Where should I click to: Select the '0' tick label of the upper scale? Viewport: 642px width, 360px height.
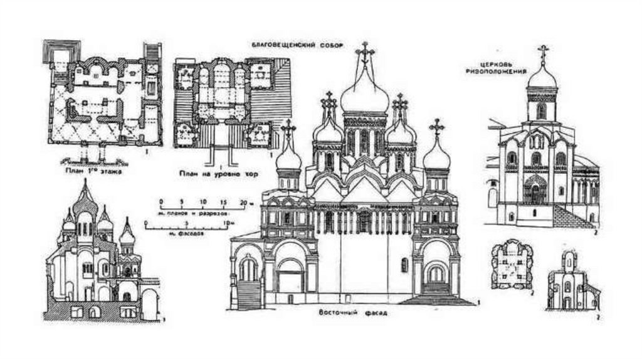tap(161, 202)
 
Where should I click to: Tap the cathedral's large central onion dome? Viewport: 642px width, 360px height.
tap(364, 94)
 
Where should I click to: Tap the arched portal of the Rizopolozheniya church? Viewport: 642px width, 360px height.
tap(535, 191)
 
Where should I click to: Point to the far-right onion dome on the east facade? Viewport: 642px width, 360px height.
tap(436, 154)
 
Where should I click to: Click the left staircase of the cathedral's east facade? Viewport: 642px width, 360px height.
tap(248, 294)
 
